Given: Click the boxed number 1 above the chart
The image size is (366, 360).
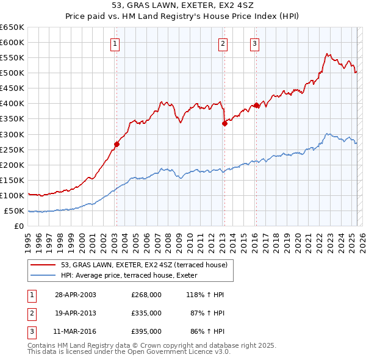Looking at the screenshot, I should tap(115, 43).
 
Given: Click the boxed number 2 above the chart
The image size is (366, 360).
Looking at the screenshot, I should tap(223, 43).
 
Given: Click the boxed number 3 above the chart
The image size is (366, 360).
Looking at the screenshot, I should tap(254, 43).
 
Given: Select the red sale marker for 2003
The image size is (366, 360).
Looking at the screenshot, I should tap(117, 145).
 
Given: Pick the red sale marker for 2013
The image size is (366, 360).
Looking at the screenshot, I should tap(224, 123).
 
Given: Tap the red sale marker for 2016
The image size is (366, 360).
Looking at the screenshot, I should tap(256, 105).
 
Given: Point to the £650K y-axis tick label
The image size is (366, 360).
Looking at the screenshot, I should tap(12, 27).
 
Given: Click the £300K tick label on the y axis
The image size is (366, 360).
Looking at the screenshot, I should tap(12, 134).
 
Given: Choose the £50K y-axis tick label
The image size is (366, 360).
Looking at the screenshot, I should tap(14, 211).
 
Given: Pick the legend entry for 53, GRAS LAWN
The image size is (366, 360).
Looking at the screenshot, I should tap(144, 265).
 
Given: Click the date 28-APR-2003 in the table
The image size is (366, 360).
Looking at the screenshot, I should tap(76, 295).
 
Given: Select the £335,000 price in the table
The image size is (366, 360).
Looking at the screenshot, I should tap(146, 313).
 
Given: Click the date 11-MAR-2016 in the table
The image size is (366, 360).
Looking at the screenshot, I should tap(76, 331).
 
